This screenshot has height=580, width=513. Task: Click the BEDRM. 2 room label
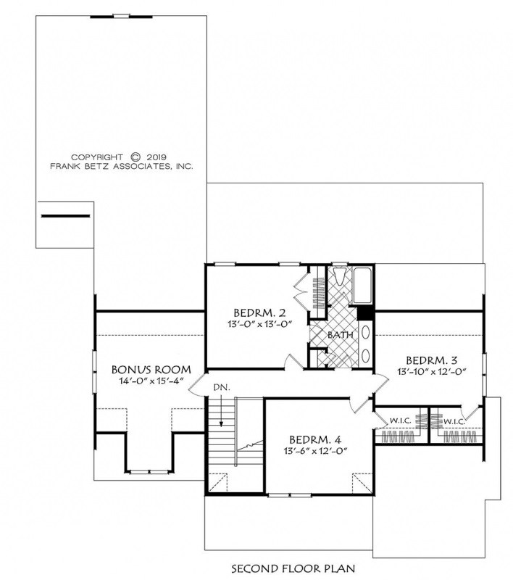click(259, 313)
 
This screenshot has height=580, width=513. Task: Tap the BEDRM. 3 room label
click(432, 360)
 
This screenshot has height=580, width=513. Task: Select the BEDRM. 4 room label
click(315, 440)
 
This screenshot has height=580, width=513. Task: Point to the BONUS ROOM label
click(151, 370)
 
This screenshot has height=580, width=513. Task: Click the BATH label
click(340, 335)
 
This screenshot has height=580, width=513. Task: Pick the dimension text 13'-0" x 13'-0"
click(260, 324)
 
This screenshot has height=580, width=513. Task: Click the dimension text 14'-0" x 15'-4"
click(151, 381)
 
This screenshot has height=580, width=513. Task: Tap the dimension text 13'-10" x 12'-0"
click(432, 371)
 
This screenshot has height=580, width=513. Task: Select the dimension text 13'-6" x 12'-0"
click(316, 451)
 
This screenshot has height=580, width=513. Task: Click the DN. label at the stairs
click(222, 388)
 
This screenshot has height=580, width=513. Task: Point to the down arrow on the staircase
click(222, 411)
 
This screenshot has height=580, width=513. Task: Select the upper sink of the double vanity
click(365, 333)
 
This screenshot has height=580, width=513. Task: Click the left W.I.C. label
click(400, 420)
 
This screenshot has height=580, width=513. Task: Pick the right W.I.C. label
click(454, 421)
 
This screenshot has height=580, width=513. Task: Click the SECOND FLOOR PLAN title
click(293, 568)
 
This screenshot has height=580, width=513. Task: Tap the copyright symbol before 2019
click(135, 157)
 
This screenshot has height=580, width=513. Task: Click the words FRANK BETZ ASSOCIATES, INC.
click(122, 167)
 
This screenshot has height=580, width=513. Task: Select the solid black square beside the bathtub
click(366, 314)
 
